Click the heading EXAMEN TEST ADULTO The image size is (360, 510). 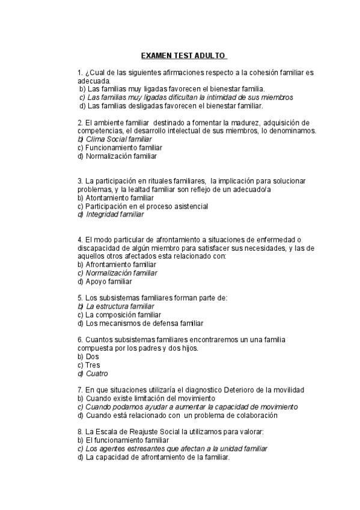[x=183, y=56]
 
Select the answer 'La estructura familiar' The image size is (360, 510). [x=116, y=306]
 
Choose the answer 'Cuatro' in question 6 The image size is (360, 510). [x=97, y=373]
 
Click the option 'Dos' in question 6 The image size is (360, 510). [x=93, y=357]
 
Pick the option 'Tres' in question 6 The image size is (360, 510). [x=93, y=365]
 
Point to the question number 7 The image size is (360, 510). [x=80, y=390]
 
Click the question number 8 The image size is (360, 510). [x=80, y=432]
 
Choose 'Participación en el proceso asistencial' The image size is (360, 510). [x=147, y=206]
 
